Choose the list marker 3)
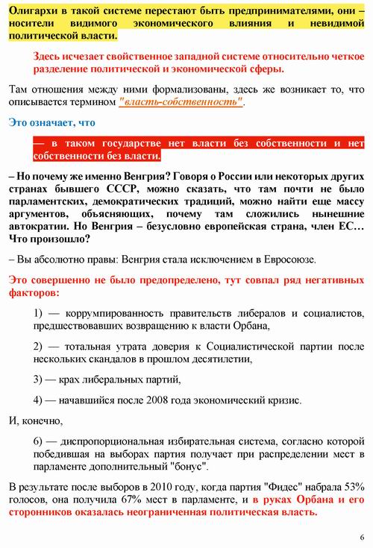[x=41, y=379]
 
